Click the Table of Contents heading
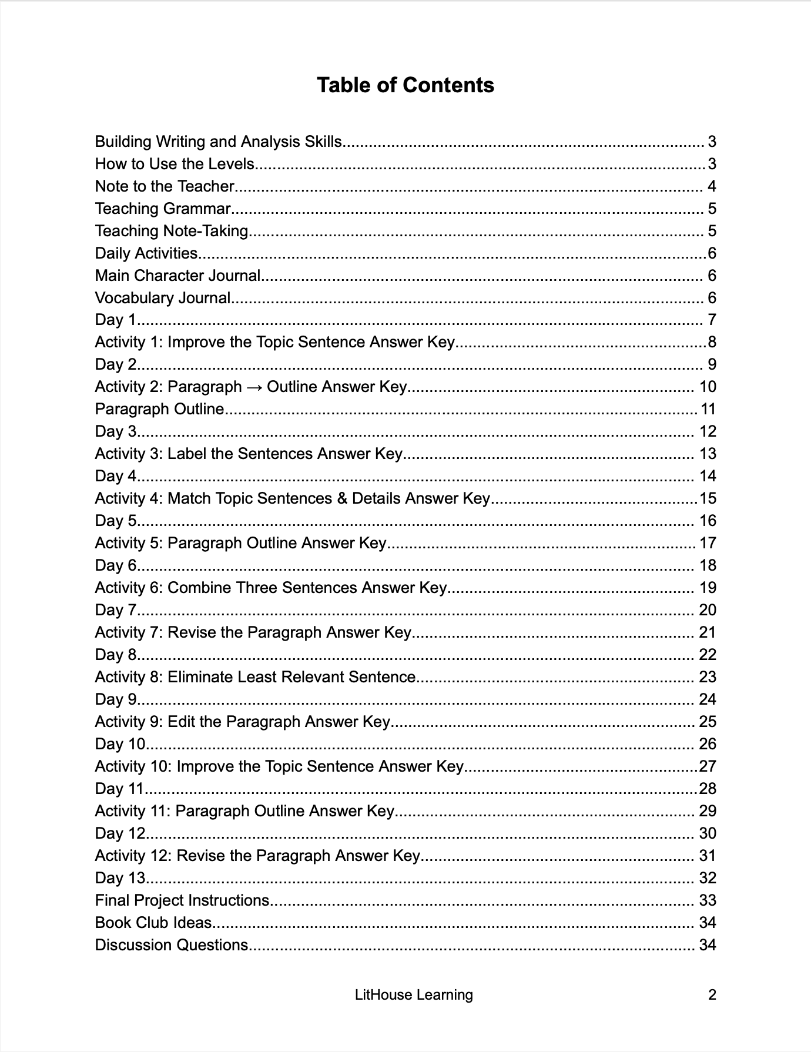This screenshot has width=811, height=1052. pos(405,85)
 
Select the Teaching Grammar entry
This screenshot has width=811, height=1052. pos(163,209)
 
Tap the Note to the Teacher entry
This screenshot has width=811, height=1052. pos(165,186)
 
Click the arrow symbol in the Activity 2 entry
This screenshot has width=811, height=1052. pos(254,387)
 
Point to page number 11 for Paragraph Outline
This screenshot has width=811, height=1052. pos(708,409)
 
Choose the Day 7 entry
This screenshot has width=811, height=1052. pos(116,610)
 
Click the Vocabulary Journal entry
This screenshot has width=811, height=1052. pos(163,298)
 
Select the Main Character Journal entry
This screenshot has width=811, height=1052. pos(177,276)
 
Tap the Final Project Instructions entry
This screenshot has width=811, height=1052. pos(182,900)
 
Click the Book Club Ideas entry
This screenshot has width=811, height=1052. pos(153,923)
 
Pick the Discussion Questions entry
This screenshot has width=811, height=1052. pos(172,945)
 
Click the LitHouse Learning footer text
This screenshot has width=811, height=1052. pos(414,994)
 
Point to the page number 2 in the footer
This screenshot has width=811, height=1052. pos(712,994)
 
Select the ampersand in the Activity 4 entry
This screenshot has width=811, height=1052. pos(342,498)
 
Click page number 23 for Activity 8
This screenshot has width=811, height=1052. pos(708,677)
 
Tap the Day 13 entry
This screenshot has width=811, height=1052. pos(120,878)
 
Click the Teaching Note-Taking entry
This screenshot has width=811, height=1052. pos(172,231)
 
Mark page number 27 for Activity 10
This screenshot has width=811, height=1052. pos(708,766)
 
